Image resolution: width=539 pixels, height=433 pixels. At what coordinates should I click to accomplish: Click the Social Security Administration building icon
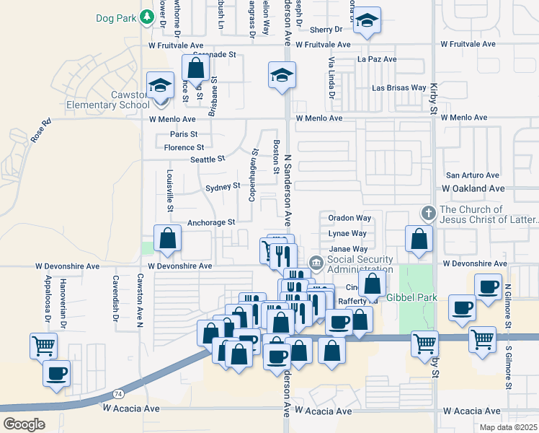click(x=315, y=261)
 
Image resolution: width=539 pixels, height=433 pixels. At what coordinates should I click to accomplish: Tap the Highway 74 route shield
click(x=117, y=393)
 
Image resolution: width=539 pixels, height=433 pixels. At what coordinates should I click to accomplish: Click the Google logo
click(x=24, y=424)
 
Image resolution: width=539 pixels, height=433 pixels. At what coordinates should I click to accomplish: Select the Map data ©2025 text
click(x=509, y=427)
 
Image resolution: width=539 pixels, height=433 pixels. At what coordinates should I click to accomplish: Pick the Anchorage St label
click(x=211, y=222)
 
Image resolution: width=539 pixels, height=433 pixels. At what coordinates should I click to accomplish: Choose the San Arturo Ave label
click(x=473, y=175)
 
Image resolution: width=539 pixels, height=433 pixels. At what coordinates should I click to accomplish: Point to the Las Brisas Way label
click(x=398, y=88)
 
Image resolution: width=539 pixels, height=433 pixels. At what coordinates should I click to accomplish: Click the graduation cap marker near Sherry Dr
click(x=367, y=21)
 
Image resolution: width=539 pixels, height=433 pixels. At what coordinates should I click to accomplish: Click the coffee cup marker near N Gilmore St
click(x=488, y=286)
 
